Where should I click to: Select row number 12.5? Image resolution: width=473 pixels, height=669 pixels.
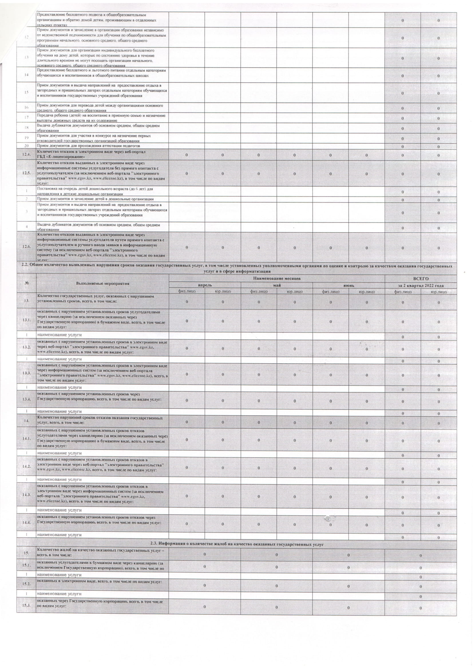[26, 173]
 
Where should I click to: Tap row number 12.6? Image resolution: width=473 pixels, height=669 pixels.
[26, 247]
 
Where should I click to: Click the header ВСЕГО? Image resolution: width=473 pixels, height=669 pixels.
[421, 279]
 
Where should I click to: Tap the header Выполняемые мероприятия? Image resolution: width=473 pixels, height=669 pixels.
[102, 283]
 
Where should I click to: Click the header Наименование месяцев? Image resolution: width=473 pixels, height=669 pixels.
[277, 279]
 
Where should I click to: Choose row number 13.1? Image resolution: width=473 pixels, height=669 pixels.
[26, 320]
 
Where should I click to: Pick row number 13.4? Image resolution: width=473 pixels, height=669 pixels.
[26, 399]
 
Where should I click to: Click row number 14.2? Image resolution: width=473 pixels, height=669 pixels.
[26, 466]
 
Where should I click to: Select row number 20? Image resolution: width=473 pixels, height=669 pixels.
[26, 146]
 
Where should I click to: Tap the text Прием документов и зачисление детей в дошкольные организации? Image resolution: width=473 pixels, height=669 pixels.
[95, 199]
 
